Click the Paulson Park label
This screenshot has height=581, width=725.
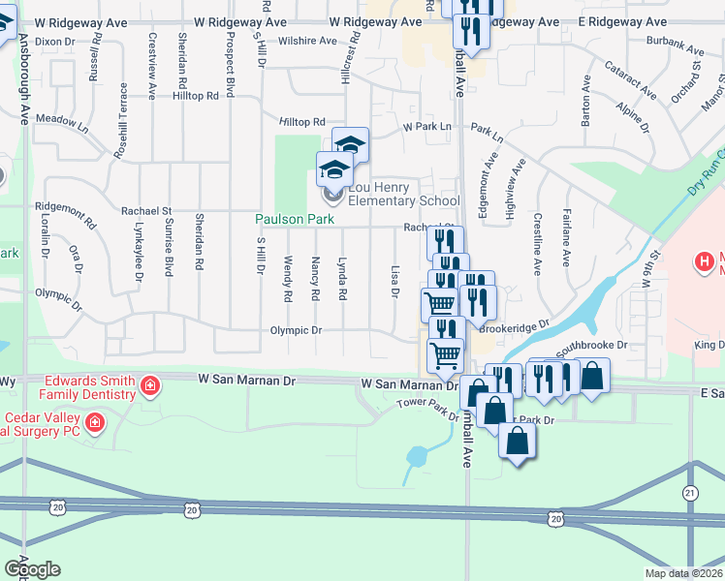point(295,220)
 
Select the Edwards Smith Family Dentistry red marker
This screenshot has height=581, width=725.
point(149,388)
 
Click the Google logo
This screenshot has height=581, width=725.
point(32,569)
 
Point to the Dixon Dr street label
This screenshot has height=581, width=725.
point(55,42)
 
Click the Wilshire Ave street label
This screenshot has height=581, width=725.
point(306,42)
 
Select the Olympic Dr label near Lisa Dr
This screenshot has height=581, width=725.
point(302,330)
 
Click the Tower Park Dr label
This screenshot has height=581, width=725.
point(427,410)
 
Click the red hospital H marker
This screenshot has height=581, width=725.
point(705,260)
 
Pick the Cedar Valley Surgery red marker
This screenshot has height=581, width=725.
point(95,421)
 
